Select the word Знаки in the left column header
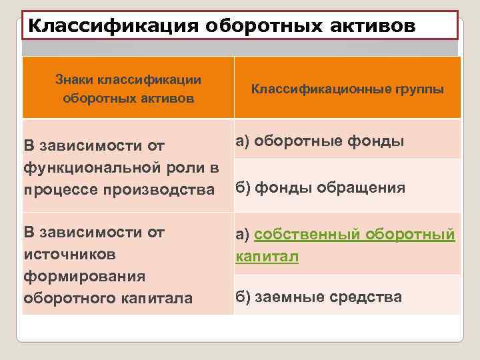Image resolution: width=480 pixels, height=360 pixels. pos(75,80)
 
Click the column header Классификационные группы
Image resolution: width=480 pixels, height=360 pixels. pos(347,89)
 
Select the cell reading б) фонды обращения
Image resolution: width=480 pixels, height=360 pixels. pos(320,187)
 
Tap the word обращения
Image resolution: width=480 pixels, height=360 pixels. pos(360,187)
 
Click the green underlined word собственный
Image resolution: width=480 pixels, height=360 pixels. pos(312,235)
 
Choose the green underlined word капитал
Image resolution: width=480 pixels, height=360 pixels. pos(266,257)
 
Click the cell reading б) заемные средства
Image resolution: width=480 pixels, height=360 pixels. pos(319,297)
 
